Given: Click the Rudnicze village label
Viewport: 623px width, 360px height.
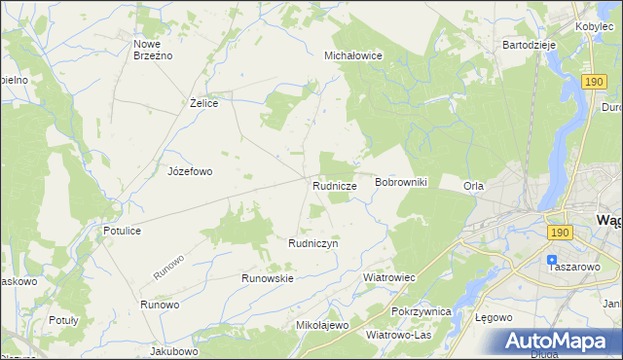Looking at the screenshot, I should point(334,184).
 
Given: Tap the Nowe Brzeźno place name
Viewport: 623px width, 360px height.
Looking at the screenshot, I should point(153,50).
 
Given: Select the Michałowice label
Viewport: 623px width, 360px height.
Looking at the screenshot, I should point(352,56).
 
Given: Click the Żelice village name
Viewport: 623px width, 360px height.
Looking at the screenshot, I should point(202,102).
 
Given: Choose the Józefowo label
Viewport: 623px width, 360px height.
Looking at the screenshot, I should point(190,170).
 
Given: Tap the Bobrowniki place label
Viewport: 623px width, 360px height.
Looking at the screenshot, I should point(401,183).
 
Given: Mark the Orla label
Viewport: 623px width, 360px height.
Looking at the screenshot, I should point(474,186).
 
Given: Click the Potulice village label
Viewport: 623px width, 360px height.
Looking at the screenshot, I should point(123,231).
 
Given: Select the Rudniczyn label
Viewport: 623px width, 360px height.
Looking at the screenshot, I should point(312,243).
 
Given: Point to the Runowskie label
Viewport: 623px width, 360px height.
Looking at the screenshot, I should point(268,277).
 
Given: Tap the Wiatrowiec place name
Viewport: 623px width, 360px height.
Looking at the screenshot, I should point(389,277).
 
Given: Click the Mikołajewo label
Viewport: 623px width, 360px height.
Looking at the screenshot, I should point(321,325).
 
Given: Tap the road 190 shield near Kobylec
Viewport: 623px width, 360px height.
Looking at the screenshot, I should point(596,85).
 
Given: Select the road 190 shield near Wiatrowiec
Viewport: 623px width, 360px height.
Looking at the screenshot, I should point(559,233).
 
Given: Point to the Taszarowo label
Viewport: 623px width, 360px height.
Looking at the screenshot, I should point(574,266).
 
